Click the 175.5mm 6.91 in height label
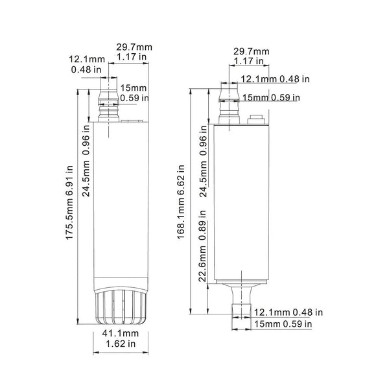pyautogui.click(x=70, y=203)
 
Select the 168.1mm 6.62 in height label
pyautogui.click(x=181, y=202)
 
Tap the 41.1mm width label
pyautogui.click(x=121, y=333)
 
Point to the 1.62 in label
pyautogui.click(x=121, y=344)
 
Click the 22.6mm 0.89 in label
pyautogui.click(x=202, y=246)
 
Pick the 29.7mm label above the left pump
pyautogui.click(x=134, y=47)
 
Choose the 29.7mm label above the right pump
pyautogui.click(x=252, y=51)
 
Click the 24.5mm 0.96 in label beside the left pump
pyautogui.click(x=86, y=161)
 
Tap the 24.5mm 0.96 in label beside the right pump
pyautogui.click(x=203, y=161)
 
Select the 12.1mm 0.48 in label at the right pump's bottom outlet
pyautogui.click(x=289, y=312)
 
